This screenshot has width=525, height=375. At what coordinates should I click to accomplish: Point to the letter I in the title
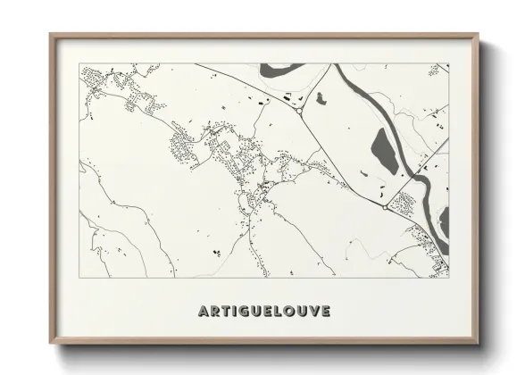(233, 312)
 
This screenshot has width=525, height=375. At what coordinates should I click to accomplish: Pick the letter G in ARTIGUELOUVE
(243, 312)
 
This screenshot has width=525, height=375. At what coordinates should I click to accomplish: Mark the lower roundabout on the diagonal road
(385, 207)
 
